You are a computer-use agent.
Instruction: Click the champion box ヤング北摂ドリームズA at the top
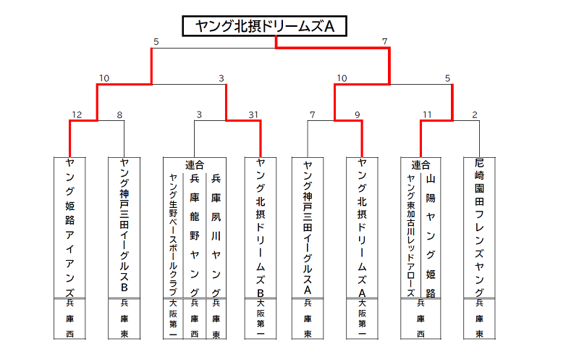(x=264, y=26)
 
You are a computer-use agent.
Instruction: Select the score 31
(x=253, y=115)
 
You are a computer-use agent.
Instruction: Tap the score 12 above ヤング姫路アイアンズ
(x=77, y=115)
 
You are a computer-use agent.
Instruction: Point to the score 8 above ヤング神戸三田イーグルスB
(x=119, y=115)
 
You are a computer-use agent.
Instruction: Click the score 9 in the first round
(x=358, y=115)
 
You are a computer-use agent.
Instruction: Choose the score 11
(x=427, y=115)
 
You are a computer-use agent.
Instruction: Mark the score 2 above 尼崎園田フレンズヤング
(x=475, y=115)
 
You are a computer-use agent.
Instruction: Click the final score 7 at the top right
(x=385, y=41)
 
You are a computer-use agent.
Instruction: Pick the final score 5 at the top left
(x=156, y=42)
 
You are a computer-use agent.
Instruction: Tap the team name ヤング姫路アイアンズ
(x=69, y=227)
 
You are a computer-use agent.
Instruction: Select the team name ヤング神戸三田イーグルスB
(x=124, y=225)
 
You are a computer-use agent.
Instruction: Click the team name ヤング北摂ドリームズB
(x=261, y=227)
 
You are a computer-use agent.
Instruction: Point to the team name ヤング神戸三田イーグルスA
(x=308, y=227)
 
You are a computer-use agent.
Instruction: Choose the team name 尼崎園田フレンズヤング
(x=479, y=227)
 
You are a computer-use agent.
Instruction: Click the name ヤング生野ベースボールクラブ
(x=173, y=235)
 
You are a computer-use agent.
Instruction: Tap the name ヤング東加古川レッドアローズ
(x=410, y=235)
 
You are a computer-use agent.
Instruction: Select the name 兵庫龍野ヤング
(x=195, y=235)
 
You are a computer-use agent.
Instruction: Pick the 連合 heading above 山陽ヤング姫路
(x=420, y=165)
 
